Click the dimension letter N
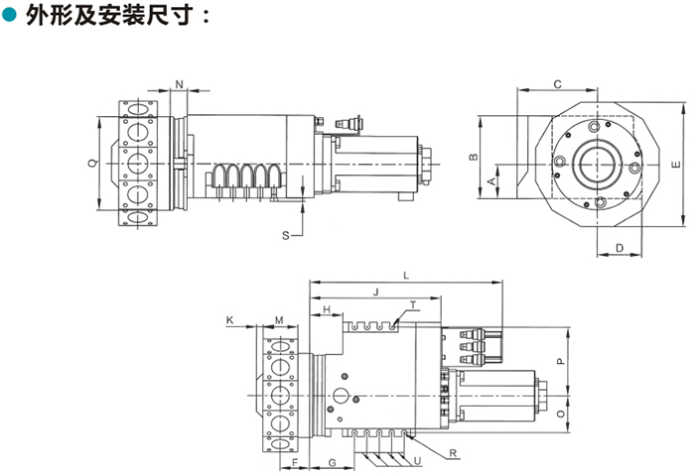pos(180,81)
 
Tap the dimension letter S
pos(286,235)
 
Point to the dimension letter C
pos(557,84)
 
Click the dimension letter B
pos(475,157)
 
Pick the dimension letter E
pos(674,163)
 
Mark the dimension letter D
pos(618,247)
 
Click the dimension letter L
pos(406,274)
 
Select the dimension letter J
pos(374,292)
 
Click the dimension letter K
pos(229,319)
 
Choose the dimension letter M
pos(279,319)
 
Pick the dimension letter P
pos(559,362)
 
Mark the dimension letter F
pos(296,463)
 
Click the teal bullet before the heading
pos(12,16)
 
